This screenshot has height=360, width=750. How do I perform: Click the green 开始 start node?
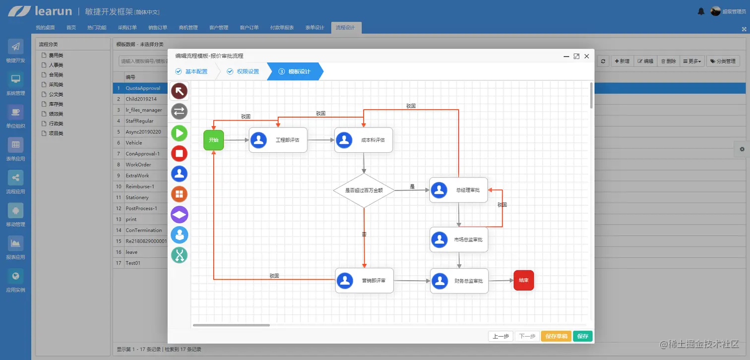point(213,140)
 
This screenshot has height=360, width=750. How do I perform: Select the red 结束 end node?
point(523,280)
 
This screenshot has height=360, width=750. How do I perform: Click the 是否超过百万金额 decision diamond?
point(364,190)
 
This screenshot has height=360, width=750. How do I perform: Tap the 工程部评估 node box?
point(278,140)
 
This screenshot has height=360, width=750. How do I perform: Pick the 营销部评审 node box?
point(364,281)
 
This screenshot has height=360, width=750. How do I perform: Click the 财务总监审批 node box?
point(459,281)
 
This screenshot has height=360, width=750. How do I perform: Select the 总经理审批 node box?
point(458,190)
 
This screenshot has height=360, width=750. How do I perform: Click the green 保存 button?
point(582,336)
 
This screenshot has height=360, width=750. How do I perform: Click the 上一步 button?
point(500,336)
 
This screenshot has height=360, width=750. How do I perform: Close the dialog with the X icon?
point(587,57)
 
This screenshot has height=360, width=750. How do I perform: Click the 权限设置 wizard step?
point(243,71)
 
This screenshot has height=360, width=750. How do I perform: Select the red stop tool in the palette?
point(179,153)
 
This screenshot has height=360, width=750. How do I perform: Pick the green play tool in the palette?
point(179,133)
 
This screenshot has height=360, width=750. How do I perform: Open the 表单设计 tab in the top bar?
point(314,28)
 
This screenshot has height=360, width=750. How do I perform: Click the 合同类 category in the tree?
point(56,75)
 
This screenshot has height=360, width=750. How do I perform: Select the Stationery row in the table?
point(137,197)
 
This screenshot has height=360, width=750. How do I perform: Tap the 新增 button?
point(622,61)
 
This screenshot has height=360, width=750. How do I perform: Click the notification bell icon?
point(701,11)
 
